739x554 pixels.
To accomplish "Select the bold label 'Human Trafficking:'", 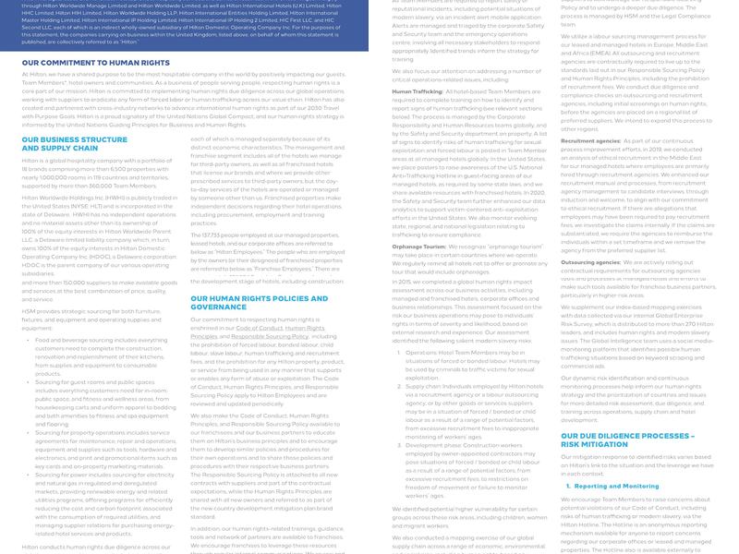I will pyautogui.click(x=418, y=92).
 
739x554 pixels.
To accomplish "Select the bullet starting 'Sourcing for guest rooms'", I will pyautogui.click(x=101, y=381).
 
